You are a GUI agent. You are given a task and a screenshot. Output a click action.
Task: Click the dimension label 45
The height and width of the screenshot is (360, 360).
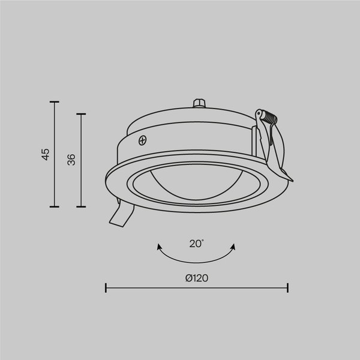(x=46, y=154)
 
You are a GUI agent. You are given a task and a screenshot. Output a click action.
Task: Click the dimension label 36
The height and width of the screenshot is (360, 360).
(x=71, y=160)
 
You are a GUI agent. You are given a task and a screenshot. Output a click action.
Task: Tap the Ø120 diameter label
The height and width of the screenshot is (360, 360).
(x=197, y=278)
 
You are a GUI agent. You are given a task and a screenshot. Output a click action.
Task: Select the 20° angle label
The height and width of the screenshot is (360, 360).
(x=196, y=243)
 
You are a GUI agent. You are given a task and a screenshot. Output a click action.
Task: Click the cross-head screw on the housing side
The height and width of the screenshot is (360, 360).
(x=143, y=141)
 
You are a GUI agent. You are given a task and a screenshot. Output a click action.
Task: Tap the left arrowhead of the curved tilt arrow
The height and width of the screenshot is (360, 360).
(x=159, y=247)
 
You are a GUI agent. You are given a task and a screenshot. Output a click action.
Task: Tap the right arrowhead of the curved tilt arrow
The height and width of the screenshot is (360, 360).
(x=233, y=247)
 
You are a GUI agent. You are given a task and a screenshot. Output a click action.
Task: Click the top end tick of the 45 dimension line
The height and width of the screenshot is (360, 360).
(x=54, y=102)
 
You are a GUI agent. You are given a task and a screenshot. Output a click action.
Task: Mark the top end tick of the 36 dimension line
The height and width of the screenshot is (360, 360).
(x=80, y=113)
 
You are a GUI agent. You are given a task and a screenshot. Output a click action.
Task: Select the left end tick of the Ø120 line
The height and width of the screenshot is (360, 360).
(x=106, y=288)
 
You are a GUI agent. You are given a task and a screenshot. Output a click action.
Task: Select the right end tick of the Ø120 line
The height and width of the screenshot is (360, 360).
(x=288, y=288)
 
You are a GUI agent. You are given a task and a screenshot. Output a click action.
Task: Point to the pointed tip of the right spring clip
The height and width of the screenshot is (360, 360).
(x=293, y=179)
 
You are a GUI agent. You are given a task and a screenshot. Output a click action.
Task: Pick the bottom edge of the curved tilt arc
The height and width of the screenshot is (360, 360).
(x=196, y=260)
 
